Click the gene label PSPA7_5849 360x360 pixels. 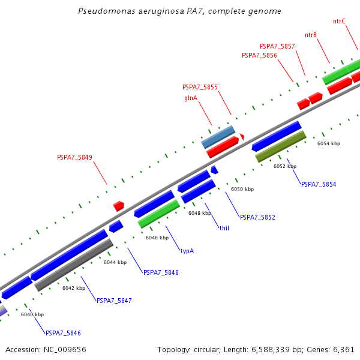(74, 158)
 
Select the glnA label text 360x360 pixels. (191, 98)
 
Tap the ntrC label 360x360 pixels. (339, 21)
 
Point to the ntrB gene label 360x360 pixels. (311, 35)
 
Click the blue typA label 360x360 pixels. (187, 251)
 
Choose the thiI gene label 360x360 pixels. (224, 228)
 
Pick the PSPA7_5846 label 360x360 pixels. (63, 333)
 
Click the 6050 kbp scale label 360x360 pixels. (242, 189)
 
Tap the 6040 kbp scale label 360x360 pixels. (32, 314)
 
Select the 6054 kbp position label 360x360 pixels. (329, 143)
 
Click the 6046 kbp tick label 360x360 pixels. (157, 238)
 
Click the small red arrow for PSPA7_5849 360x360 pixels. (119, 206)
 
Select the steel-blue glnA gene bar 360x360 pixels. (218, 137)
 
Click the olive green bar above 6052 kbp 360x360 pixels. (281, 147)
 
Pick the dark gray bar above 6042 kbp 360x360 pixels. (74, 265)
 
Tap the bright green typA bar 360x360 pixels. (158, 214)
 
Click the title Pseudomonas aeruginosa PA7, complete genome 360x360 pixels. (180, 11)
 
